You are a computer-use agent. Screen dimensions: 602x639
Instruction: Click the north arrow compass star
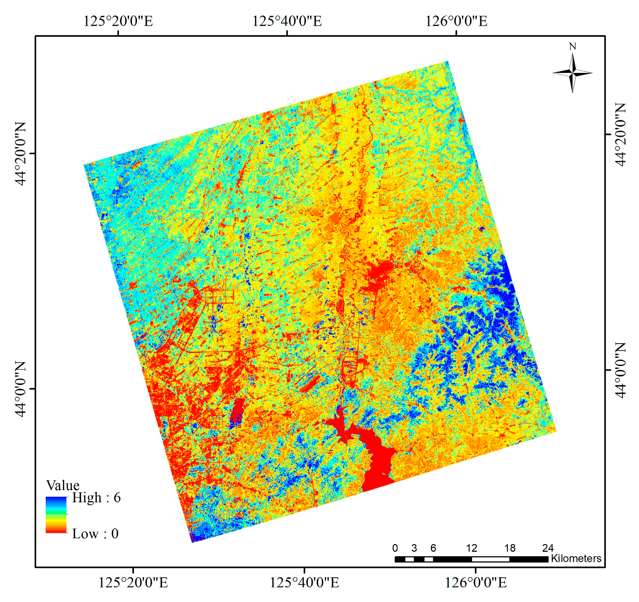(572, 73)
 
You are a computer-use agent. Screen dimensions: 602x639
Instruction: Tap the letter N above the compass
(572, 46)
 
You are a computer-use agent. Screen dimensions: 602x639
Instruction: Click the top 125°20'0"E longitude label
(118, 21)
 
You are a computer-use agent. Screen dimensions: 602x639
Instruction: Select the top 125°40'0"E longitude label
(287, 21)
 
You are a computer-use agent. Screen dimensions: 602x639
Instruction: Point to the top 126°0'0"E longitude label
(456, 21)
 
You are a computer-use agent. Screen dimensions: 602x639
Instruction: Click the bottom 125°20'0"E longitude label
(133, 582)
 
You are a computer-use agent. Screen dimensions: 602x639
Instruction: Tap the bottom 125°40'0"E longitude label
(305, 582)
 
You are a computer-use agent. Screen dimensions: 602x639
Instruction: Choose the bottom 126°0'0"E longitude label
(476, 582)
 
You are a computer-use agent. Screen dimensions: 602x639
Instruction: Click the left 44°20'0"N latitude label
(21, 153)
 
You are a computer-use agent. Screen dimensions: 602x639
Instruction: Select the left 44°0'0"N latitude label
(21, 389)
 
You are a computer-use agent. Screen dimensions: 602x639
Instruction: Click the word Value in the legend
(63, 485)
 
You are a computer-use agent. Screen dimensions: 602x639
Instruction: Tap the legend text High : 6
(96, 498)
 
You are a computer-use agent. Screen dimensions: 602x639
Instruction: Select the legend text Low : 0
(95, 533)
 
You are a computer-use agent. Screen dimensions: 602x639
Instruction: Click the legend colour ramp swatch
(56, 515)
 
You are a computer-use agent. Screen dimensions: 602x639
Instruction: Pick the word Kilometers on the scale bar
(576, 559)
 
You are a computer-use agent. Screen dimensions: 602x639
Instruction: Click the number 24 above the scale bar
(548, 548)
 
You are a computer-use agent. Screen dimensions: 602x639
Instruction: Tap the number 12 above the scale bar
(472, 548)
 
